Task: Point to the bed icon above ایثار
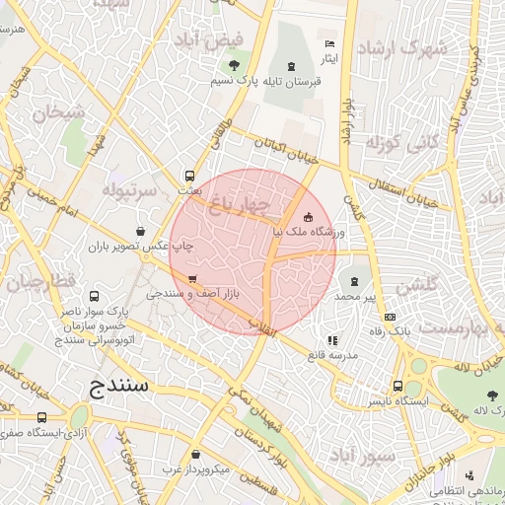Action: point(330,44)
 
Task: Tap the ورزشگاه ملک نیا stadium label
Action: point(314,232)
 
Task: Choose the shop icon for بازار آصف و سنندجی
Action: point(191,278)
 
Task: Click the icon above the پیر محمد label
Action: point(355,282)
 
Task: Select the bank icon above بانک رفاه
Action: point(392,317)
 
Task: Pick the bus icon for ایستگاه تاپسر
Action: point(397,387)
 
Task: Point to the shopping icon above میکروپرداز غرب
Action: point(196,455)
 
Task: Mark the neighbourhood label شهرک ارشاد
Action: point(401,48)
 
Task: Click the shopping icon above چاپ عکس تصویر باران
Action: point(141,233)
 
